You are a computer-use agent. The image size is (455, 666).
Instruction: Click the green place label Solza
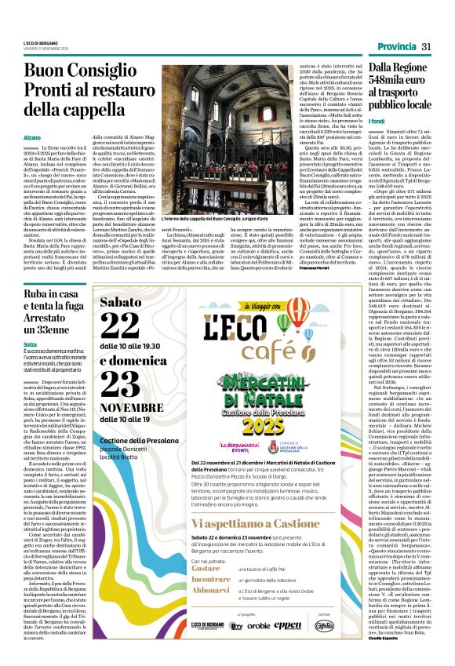(31, 343)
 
